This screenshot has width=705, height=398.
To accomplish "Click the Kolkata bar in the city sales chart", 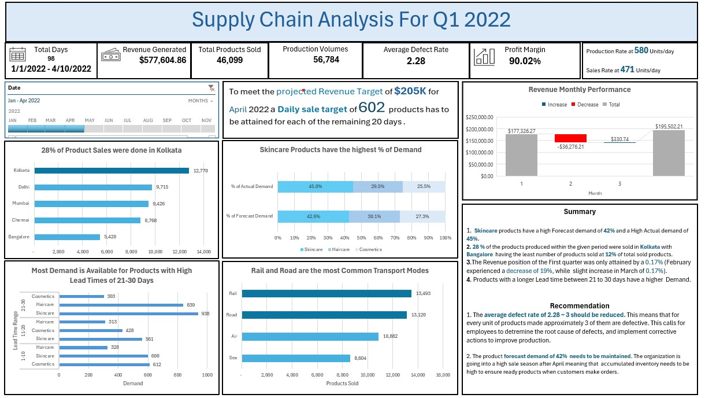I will click(112, 171).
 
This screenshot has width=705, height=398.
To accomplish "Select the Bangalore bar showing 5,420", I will click(67, 237).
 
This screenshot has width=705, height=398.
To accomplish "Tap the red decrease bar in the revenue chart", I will click(570, 138).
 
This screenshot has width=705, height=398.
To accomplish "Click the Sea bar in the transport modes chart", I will click(296, 358).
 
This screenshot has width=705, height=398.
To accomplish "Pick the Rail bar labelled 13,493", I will click(326, 293).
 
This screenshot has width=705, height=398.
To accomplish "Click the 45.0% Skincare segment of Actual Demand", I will click(315, 187).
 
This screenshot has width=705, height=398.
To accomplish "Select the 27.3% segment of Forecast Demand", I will click(422, 216).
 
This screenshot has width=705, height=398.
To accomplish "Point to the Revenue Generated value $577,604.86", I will click(162, 60).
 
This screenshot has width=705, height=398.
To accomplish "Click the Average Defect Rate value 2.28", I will click(415, 61).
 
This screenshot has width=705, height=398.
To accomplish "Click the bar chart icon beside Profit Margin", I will click(484, 56).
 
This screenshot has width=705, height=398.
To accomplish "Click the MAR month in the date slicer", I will click(50, 120).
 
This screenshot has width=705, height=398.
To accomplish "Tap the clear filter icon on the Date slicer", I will click(211, 88).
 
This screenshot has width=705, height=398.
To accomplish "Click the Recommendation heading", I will click(579, 305).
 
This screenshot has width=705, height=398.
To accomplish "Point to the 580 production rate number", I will click(641, 51).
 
